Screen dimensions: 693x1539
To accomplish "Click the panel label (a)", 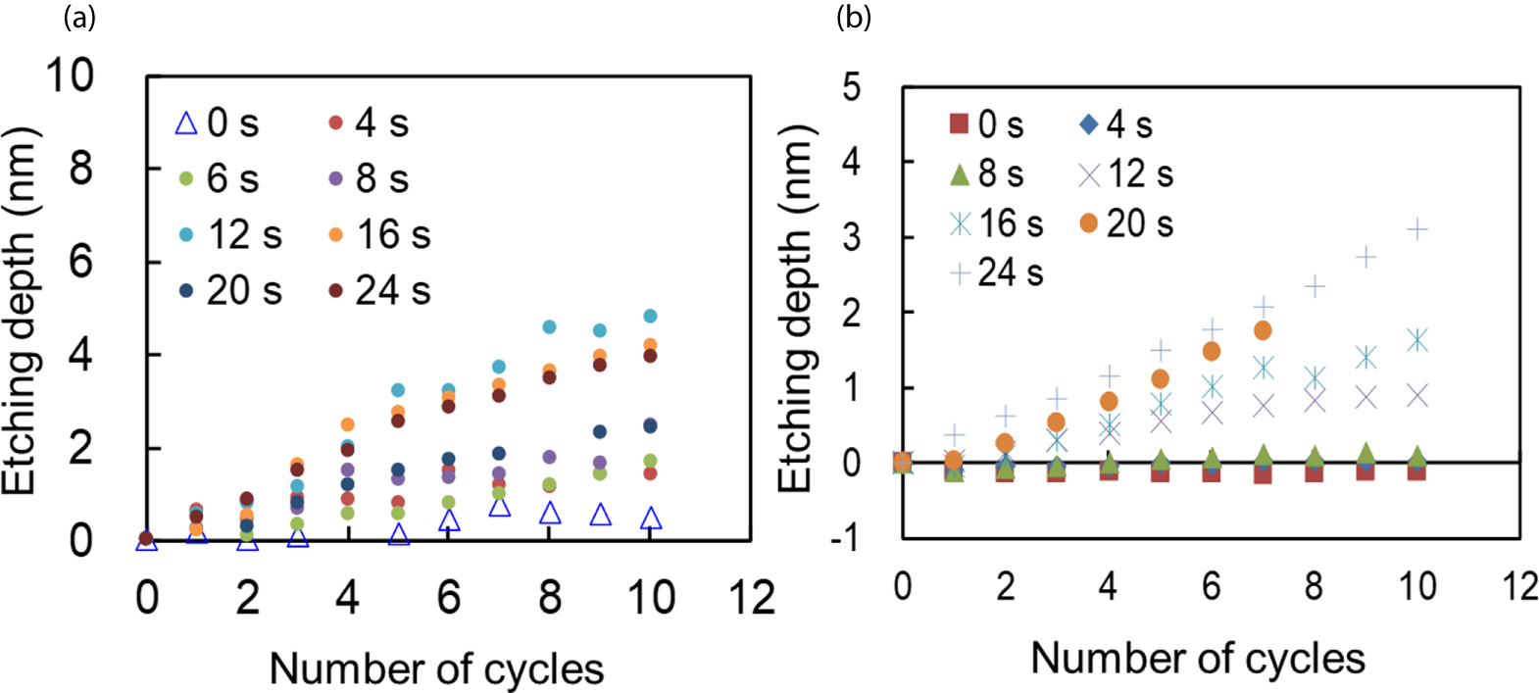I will pyautogui.click(x=78, y=17).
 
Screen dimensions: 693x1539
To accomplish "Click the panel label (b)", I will pyautogui.click(x=853, y=17).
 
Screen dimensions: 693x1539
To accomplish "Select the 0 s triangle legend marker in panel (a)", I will pyautogui.click(x=186, y=124).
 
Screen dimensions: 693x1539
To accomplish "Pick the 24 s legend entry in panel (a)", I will pyautogui.click(x=381, y=291).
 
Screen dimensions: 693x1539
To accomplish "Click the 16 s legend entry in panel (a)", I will pyautogui.click(x=381, y=235).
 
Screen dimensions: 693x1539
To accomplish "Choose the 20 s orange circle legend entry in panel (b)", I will pyautogui.click(x=1126, y=223).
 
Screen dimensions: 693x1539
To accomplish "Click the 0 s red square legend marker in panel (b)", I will pyautogui.click(x=959, y=124).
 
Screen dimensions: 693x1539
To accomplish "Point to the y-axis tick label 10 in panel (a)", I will pyautogui.click(x=71, y=75).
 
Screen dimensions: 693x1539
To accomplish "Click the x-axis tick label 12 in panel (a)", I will pyautogui.click(x=751, y=597).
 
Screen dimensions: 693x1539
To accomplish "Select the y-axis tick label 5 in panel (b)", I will pyautogui.click(x=851, y=87).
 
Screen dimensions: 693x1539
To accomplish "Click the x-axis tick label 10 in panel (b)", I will pyautogui.click(x=1416, y=586).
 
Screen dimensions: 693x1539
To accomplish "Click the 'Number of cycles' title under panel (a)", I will pyautogui.click(x=436, y=668).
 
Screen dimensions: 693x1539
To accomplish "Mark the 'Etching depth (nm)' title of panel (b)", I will pyautogui.click(x=796, y=309).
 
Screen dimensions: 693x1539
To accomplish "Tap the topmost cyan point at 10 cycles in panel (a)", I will pyautogui.click(x=650, y=316).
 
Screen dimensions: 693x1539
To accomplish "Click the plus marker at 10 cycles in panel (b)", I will pyautogui.click(x=1416, y=229).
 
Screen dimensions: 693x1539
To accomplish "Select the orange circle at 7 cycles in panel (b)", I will pyautogui.click(x=1263, y=331).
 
